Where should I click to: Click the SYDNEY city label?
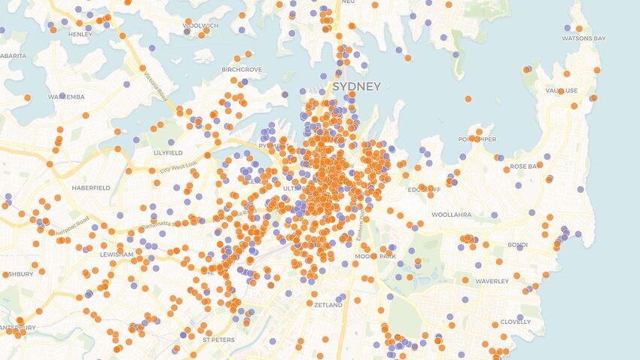point(356,86)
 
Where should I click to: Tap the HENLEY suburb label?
point(81,34)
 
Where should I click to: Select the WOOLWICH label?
point(201,26)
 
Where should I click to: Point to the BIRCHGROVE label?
point(241,69)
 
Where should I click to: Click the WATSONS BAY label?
point(584,38)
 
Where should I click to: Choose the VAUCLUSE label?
point(561,90)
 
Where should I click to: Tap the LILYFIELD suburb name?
point(168,152)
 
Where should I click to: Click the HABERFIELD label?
point(91,187)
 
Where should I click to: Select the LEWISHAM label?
point(115,255)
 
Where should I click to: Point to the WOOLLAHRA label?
point(451,215)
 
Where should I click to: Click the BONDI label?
point(517,245)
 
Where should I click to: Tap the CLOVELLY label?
point(516,322)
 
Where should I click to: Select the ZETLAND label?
point(328,305)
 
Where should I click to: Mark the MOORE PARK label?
point(376,257)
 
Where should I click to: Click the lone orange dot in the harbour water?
point(468,99)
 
